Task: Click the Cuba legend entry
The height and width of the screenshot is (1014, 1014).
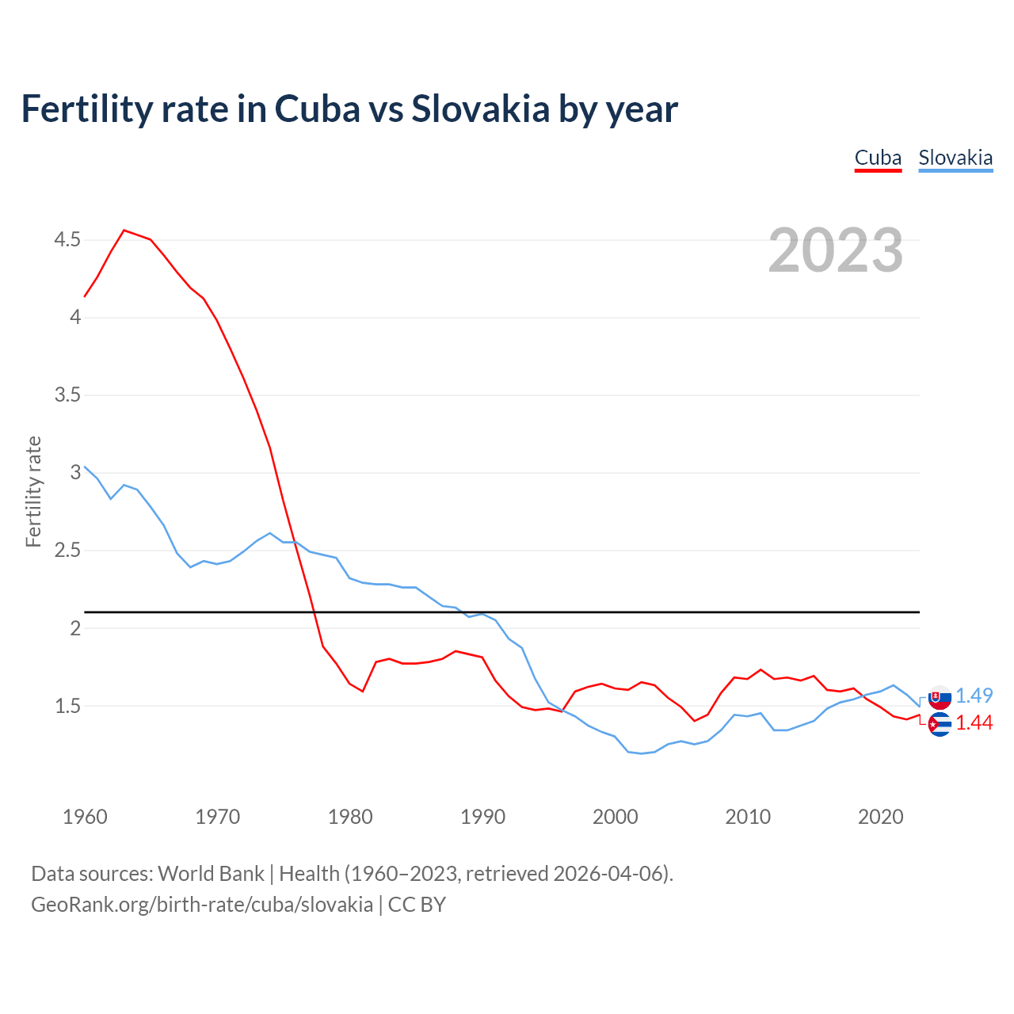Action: tap(878, 158)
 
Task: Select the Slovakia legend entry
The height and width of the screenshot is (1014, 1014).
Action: tap(955, 158)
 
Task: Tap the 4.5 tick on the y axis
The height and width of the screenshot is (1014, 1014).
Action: tap(67, 239)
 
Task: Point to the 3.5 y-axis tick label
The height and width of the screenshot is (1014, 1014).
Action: tap(67, 395)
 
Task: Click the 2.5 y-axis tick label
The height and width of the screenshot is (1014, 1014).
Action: tap(67, 550)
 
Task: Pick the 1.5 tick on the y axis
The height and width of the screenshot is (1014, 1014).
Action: tap(67, 705)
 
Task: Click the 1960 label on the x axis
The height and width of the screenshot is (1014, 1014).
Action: tap(85, 817)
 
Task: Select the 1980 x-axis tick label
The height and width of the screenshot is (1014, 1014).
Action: tap(350, 817)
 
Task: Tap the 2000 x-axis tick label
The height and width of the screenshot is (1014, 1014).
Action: tap(616, 817)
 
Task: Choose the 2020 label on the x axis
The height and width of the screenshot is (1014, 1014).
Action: tap(880, 817)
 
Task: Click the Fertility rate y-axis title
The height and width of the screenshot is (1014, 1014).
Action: tap(33, 491)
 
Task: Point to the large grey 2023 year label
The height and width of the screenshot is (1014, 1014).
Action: tap(836, 250)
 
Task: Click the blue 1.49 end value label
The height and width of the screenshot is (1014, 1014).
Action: tap(974, 696)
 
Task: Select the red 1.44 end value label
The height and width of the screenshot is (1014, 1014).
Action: tap(974, 722)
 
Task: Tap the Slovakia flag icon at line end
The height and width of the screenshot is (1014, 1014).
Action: tap(940, 698)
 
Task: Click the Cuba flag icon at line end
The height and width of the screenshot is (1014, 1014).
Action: tap(940, 724)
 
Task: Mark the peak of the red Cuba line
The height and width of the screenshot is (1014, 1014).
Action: tap(124, 231)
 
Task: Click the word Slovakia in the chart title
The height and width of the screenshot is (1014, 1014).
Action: tap(480, 109)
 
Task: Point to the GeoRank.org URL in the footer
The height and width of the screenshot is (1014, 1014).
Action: tap(202, 904)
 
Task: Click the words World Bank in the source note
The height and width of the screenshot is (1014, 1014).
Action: tap(211, 873)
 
